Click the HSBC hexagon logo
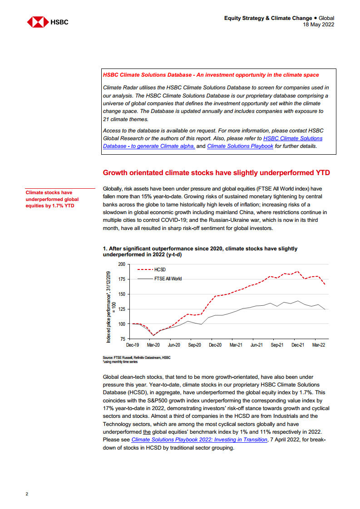(38, 21)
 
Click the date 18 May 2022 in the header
(319, 24)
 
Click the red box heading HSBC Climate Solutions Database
(211, 75)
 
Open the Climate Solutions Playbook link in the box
(240, 146)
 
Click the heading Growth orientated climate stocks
(216, 172)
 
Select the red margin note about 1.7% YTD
(52, 199)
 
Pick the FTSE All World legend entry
(168, 279)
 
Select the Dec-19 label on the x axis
(133, 345)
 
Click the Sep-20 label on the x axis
(194, 345)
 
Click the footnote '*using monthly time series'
(120, 362)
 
